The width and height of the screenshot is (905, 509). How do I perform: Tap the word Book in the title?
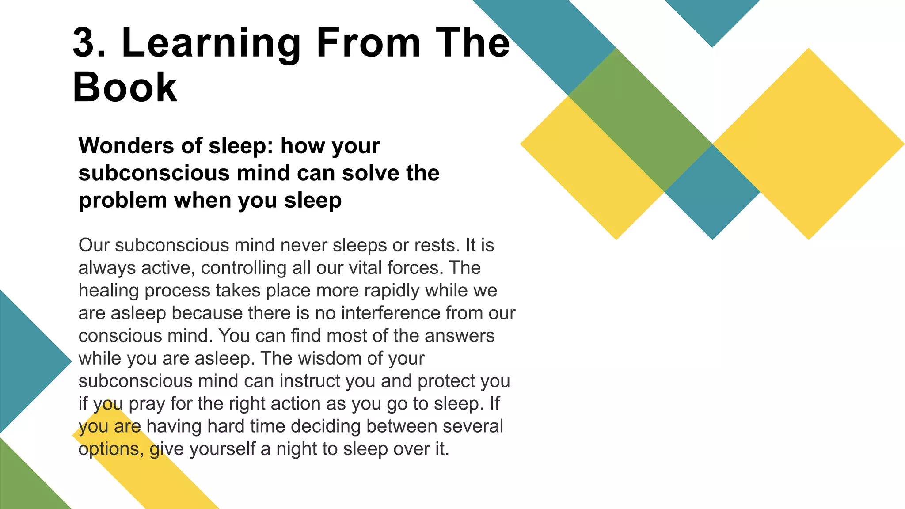(125, 87)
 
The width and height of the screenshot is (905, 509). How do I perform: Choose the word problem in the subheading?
(123, 201)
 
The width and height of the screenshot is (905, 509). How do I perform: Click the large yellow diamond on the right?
(809, 144)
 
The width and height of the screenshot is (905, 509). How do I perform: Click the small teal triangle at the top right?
(712, 18)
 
